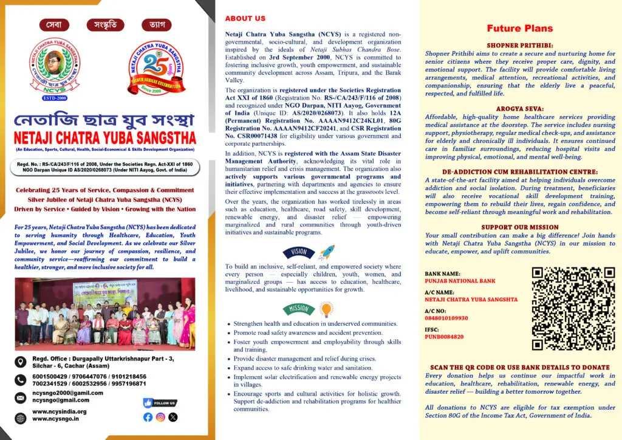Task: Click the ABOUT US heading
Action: coord(245,19)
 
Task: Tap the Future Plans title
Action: coord(520,28)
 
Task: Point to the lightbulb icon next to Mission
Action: coord(326,310)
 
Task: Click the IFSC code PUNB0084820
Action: coord(444,337)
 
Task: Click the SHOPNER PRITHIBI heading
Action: coord(520,46)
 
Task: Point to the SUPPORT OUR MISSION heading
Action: coord(520,227)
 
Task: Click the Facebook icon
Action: coord(148,417)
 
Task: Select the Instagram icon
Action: coord(160,417)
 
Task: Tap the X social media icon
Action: coord(173,417)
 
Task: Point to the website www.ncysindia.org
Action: coord(60,411)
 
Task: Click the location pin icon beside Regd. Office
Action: coord(22,362)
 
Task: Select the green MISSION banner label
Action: coord(299,309)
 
